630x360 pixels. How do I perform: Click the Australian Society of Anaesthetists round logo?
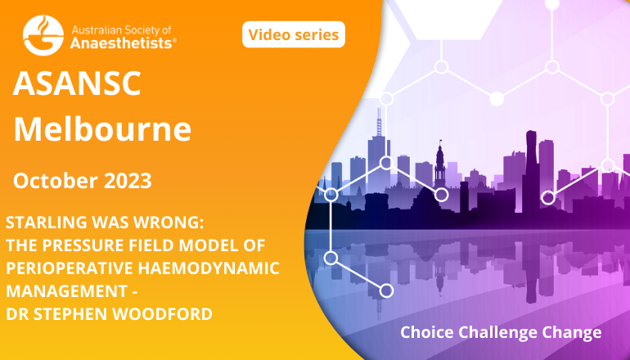tap(43, 35)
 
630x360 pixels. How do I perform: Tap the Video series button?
tap(294, 34)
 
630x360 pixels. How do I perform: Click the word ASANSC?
tap(77, 83)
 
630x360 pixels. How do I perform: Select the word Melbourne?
tap(102, 129)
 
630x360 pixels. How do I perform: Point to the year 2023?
tap(128, 181)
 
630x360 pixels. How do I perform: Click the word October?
tap(56, 181)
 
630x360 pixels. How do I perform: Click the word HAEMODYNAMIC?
tap(209, 268)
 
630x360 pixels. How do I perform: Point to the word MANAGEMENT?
tap(67, 291)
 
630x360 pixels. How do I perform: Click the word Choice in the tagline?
tap(427, 332)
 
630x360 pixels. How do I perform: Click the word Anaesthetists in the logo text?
tap(121, 43)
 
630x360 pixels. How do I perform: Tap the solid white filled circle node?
tap(497, 98)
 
